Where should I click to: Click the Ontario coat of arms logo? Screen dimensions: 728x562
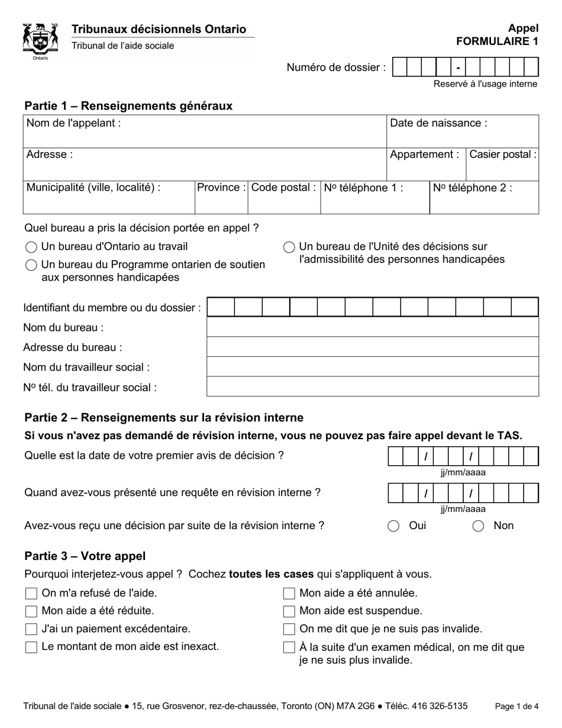point(40,40)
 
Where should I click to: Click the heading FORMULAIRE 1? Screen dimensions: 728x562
point(497,41)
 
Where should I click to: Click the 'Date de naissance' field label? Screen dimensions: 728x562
point(438,123)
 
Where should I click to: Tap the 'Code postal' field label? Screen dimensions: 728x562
point(283,188)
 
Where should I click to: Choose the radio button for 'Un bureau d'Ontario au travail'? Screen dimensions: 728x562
point(31,247)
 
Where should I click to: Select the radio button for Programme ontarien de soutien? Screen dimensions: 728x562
point(31,265)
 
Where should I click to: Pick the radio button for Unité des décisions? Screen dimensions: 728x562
point(289,247)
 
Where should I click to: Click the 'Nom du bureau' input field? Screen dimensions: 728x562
point(372,327)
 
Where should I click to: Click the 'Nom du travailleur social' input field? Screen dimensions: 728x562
point(372,367)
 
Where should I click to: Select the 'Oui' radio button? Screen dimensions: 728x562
point(393,526)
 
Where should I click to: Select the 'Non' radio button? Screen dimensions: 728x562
point(478,526)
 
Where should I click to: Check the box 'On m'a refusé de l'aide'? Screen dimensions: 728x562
point(31,593)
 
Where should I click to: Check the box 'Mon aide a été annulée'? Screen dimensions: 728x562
point(289,593)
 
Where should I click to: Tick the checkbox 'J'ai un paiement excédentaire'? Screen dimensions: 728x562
point(31,629)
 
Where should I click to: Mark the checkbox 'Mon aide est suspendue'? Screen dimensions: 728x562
point(289,611)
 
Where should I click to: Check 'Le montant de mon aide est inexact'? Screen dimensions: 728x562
point(31,647)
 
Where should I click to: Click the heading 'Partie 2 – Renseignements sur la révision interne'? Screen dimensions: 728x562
point(164,418)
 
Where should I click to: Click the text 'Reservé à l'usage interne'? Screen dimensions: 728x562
point(485,84)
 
